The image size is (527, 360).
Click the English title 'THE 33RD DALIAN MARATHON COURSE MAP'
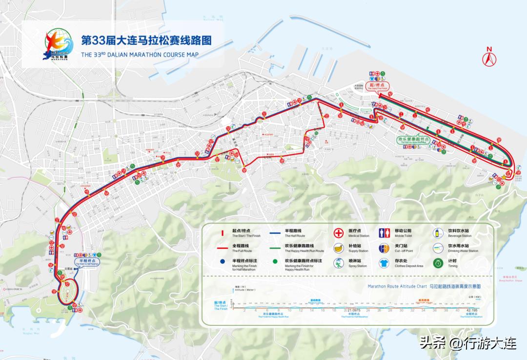(140, 55)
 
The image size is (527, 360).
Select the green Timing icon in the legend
(439, 263)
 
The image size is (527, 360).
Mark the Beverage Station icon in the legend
(439, 233)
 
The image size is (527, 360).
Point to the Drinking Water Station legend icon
(439, 248)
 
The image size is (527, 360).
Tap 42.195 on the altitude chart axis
(472, 310)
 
